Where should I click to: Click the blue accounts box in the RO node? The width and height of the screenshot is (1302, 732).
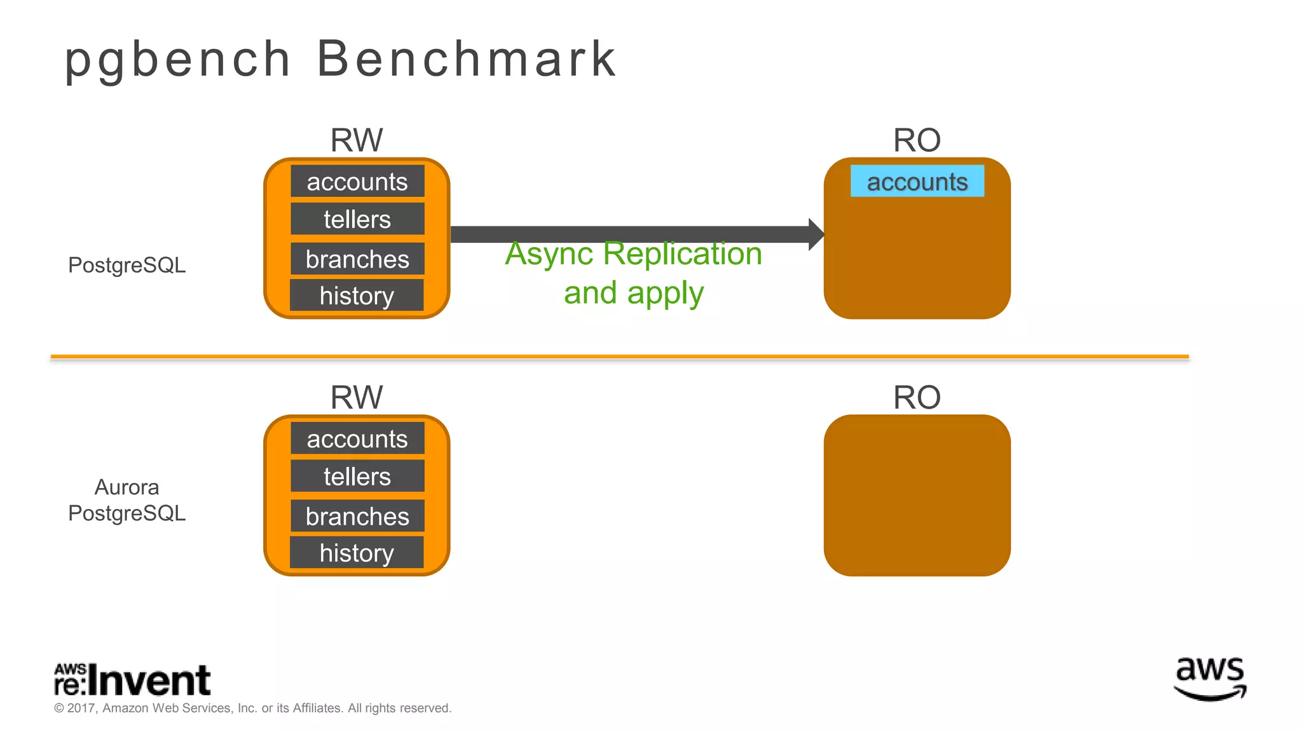click(917, 181)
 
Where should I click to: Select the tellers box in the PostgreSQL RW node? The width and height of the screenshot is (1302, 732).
click(357, 219)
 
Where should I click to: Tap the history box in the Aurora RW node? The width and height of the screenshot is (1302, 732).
click(357, 552)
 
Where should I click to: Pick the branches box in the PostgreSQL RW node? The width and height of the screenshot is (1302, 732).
click(357, 259)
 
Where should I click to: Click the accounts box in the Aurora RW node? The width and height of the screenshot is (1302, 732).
click(357, 438)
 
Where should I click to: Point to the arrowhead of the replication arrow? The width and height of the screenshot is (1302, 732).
click(816, 234)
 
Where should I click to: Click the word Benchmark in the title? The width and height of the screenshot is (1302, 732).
click(466, 58)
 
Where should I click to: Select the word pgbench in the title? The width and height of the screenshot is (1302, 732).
click(178, 60)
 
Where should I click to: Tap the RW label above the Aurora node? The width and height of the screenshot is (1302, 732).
click(357, 397)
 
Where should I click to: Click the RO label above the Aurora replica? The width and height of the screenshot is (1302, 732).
click(916, 397)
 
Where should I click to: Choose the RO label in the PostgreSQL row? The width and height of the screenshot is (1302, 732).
click(916, 140)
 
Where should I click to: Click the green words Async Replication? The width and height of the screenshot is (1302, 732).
click(633, 254)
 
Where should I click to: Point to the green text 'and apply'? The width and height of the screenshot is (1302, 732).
click(633, 293)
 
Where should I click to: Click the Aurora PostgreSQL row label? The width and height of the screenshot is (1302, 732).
click(127, 500)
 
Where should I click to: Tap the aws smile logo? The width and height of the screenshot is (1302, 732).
click(1210, 678)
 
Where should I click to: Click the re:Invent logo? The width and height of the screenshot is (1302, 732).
click(132, 680)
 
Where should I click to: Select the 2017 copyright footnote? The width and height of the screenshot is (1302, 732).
click(252, 708)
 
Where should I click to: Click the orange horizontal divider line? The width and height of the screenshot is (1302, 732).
click(619, 357)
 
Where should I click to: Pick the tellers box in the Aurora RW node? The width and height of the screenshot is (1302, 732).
click(357, 476)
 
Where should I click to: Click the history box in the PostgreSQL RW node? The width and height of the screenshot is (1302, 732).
click(357, 295)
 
